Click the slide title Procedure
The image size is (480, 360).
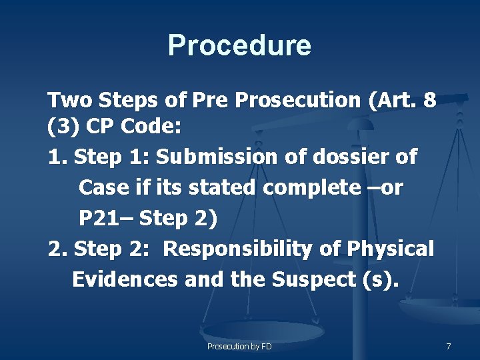click(239, 45)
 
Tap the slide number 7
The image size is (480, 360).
click(449, 347)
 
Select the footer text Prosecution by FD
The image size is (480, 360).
click(239, 347)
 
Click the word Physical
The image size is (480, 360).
click(391, 249)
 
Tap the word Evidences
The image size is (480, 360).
click(125, 280)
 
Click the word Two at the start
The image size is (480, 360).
click(70, 101)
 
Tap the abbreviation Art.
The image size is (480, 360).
click(396, 101)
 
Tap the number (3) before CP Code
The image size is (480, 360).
click(61, 127)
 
